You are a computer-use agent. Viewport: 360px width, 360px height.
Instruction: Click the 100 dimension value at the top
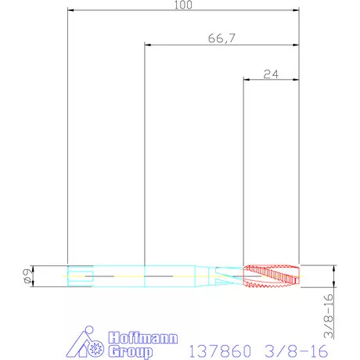183,5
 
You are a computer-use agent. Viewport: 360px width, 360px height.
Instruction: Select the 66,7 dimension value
221,38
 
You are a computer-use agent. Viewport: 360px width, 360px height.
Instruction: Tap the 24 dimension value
271,74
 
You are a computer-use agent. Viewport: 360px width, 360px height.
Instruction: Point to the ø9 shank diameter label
28,276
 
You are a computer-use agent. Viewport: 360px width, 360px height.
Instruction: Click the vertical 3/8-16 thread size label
329,316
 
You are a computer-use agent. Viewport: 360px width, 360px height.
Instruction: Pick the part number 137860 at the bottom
220,351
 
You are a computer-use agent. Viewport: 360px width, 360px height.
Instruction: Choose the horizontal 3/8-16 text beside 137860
296,351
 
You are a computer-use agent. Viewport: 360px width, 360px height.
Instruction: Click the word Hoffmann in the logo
143,338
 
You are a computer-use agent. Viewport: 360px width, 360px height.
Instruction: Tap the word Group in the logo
131,351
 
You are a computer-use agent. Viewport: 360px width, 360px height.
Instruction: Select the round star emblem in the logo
95,348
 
